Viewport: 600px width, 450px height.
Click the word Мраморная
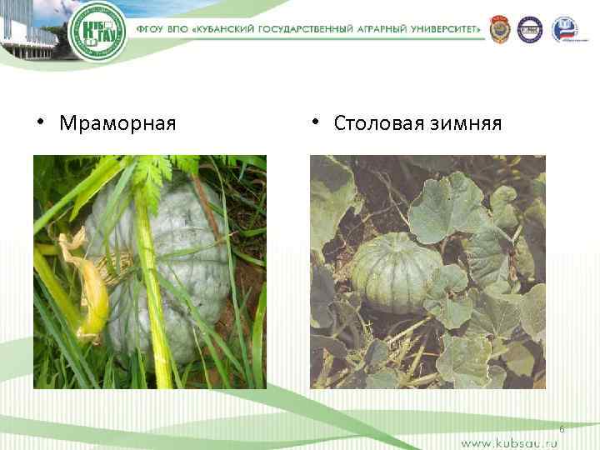coord(117,124)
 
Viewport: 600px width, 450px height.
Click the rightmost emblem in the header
coord(564,29)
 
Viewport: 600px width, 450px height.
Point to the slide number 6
coord(562,429)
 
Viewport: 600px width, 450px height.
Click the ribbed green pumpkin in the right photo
coord(394,272)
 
